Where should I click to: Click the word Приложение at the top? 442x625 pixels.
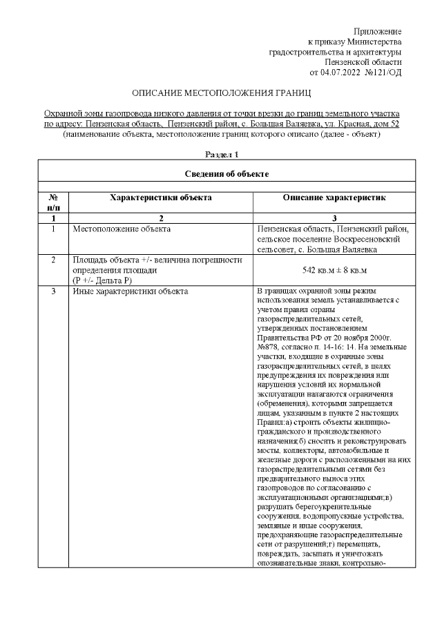coord(377,32)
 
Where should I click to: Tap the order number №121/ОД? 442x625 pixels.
coord(383,71)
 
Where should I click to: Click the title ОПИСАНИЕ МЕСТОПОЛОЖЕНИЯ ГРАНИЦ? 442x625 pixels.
coord(222,92)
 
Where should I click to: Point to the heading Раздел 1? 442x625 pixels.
coord(222,155)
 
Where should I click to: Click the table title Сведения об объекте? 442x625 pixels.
coord(222,172)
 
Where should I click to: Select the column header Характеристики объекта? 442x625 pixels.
coord(161,198)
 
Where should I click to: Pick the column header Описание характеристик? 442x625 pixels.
coord(334,198)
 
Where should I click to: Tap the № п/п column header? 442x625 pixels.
coord(53,202)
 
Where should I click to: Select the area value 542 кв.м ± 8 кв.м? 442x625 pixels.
coord(334,270)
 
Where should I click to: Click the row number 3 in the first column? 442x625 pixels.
coord(53,291)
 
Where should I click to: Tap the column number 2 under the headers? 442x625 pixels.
coord(161,218)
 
